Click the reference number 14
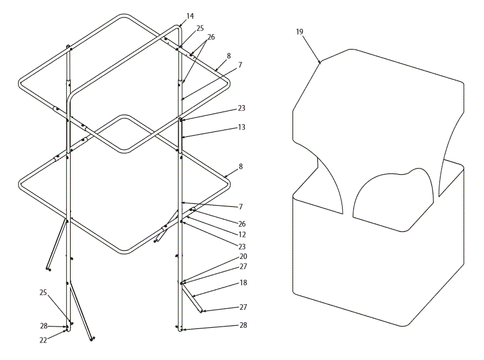tap(190, 14)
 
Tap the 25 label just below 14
tap(200, 28)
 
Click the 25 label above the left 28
tap(43, 292)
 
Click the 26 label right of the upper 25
tap(211, 37)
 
